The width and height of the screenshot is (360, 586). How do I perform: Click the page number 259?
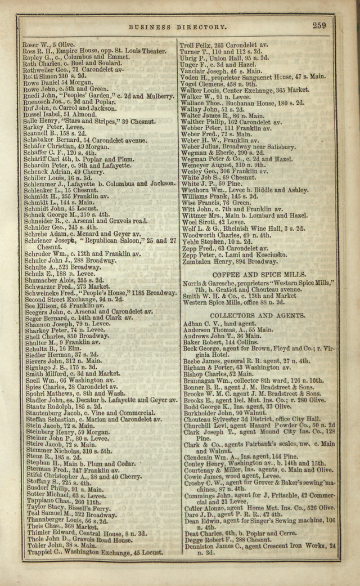tap(319, 25)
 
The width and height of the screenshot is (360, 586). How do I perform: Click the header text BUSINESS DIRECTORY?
tap(178, 26)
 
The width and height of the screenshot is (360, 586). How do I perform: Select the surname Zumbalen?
tap(196, 262)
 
